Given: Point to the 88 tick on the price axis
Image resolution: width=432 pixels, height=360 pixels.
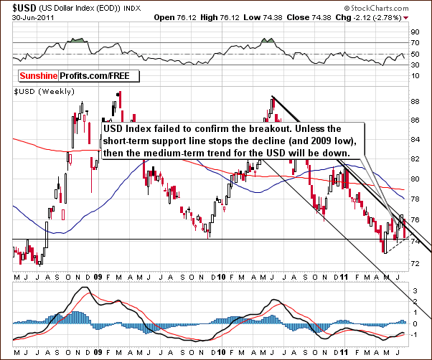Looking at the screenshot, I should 416,101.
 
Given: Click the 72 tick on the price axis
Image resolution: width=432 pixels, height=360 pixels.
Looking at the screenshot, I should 416,263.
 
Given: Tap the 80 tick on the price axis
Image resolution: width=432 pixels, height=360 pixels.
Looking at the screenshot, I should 416,179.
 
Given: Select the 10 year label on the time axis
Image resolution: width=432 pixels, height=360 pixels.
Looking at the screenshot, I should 222,275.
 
